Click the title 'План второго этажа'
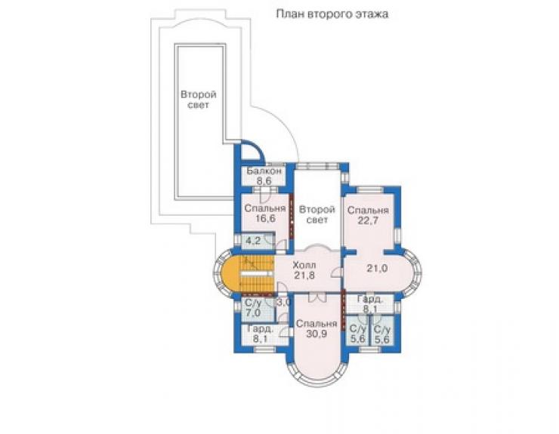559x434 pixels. click(x=332, y=14)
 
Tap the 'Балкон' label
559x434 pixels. click(x=264, y=171)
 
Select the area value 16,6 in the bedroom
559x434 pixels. click(x=264, y=218)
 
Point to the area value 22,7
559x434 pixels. click(x=368, y=220)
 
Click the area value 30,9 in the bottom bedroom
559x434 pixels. click(x=317, y=334)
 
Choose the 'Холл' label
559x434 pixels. click(x=304, y=265)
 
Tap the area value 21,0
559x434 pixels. click(x=377, y=268)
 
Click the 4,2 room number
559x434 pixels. click(x=254, y=241)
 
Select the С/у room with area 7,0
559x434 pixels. click(x=253, y=308)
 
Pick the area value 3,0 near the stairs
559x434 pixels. click(x=285, y=303)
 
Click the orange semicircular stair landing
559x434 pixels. click(x=230, y=274)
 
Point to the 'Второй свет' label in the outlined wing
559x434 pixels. click(x=199, y=100)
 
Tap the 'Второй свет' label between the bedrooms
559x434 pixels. click(x=317, y=214)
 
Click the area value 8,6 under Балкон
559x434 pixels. click(x=264, y=180)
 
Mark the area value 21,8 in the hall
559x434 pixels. click(x=304, y=275)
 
